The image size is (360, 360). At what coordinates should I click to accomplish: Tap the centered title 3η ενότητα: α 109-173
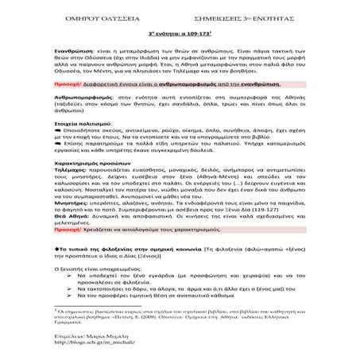(x=179, y=35)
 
